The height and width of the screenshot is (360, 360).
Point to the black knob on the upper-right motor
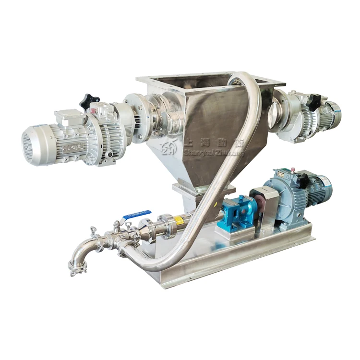click(x=314, y=101)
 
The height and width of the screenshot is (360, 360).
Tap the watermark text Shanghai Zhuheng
click(x=214, y=153)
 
